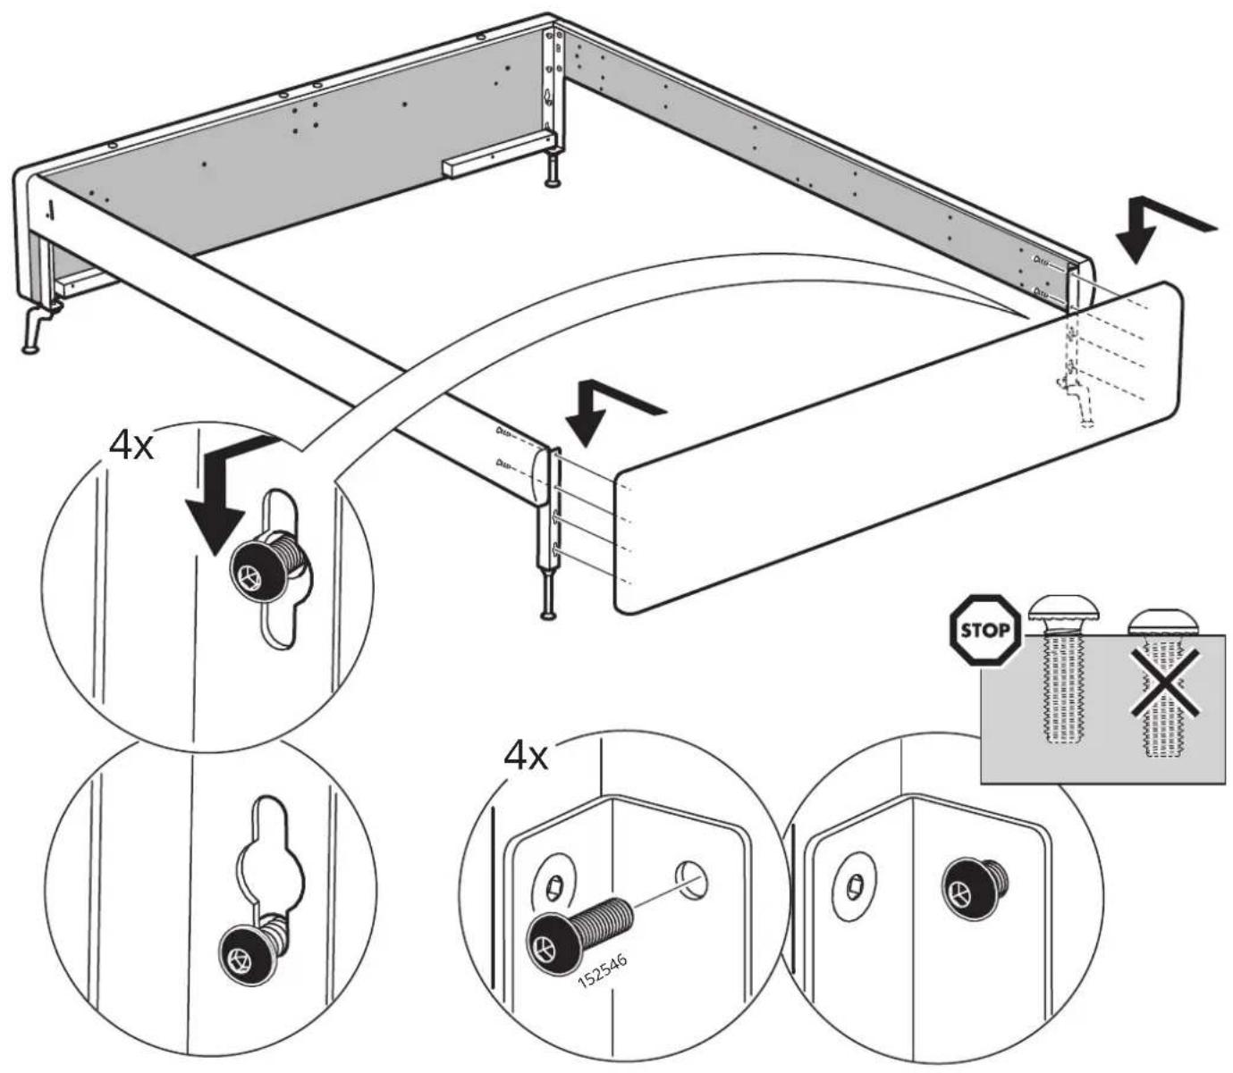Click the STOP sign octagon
tap(984, 631)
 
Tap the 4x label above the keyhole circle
tap(131, 446)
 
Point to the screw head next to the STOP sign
tap(1063, 612)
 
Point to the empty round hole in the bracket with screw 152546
tap(693, 880)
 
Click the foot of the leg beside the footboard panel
tap(547, 615)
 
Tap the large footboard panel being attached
tap(898, 447)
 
